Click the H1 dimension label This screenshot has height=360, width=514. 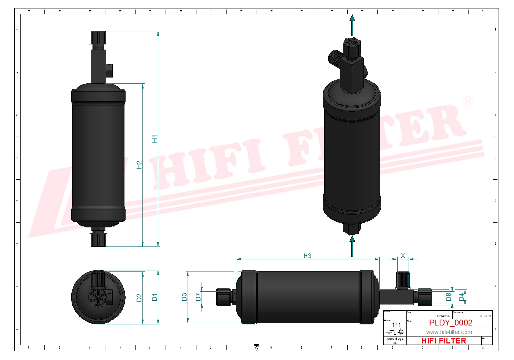pyautogui.click(x=155, y=139)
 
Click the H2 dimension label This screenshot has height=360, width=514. pyautogui.click(x=139, y=165)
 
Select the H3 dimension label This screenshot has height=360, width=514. pyautogui.click(x=307, y=256)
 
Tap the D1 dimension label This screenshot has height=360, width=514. pyautogui.click(x=155, y=297)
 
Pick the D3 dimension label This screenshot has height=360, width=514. pyautogui.click(x=184, y=297)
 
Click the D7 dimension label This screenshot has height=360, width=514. pyautogui.click(x=198, y=297)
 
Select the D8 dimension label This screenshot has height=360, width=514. pyautogui.click(x=449, y=297)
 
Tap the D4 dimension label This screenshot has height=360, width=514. pyautogui.click(x=461, y=297)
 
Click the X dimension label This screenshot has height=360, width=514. pyautogui.click(x=403, y=256)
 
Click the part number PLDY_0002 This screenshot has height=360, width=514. pyautogui.click(x=450, y=323)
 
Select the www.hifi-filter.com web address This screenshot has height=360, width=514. pyautogui.click(x=449, y=332)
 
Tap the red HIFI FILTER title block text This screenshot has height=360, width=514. pyautogui.click(x=444, y=341)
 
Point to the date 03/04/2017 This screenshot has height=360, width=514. pyautogui.click(x=444, y=316)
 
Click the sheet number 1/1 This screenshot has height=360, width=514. pyautogui.click(x=396, y=325)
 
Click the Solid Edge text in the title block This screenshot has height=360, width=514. pyautogui.click(x=395, y=339)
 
